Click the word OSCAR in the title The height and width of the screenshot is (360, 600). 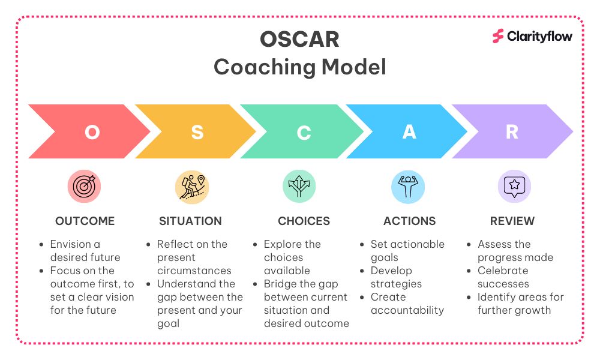point(299,40)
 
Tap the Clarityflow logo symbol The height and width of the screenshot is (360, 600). point(498,37)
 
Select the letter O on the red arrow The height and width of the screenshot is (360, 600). point(92,133)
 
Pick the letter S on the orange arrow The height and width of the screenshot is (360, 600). point(197,133)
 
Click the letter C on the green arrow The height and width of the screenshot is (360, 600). point(304,133)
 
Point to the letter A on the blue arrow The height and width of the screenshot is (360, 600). point(409,132)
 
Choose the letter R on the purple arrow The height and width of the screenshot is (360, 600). point(512,132)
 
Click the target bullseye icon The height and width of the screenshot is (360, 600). point(84,187)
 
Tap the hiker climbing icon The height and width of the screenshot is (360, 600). point(192,187)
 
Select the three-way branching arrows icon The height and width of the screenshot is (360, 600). point(299,187)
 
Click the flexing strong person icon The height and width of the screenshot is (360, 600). point(408,187)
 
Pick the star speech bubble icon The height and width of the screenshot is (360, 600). point(514,187)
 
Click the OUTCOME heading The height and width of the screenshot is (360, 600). point(85,221)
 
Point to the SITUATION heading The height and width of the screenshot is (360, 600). point(191,221)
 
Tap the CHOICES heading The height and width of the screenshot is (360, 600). point(304,221)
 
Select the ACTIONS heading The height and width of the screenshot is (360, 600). point(409,221)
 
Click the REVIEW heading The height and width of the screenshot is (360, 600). point(512,221)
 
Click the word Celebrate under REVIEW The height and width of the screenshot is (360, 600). point(503,271)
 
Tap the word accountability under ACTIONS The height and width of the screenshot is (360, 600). point(407,310)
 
